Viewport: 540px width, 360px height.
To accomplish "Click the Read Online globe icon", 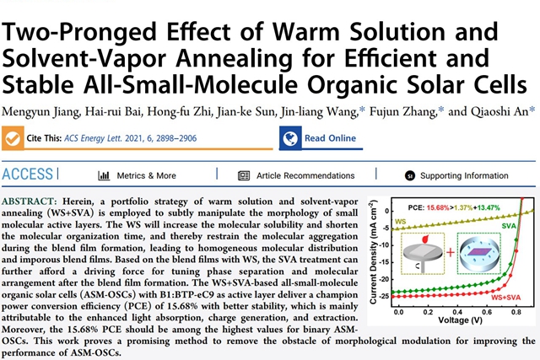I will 291,138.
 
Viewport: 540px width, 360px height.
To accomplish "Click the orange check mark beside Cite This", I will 13,138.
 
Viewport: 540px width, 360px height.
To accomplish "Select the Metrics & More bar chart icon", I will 105,175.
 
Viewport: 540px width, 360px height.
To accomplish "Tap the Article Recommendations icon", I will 244,175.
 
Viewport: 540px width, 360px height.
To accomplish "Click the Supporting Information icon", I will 408,175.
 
